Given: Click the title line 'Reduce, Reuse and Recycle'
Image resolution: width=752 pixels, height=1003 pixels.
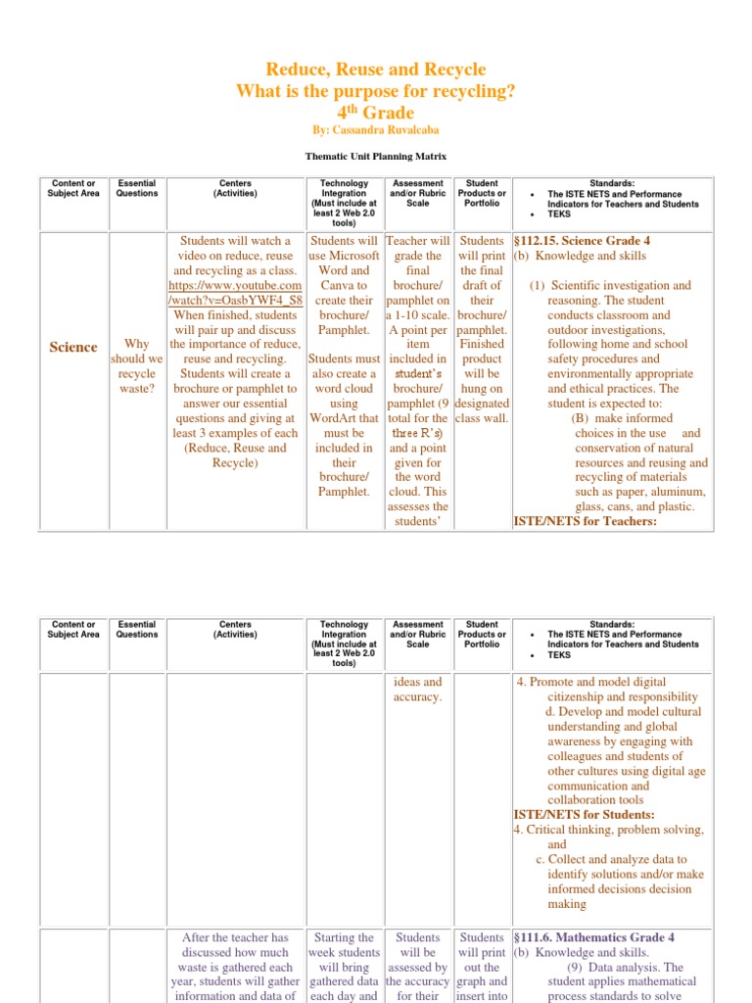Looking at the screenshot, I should pos(376,70).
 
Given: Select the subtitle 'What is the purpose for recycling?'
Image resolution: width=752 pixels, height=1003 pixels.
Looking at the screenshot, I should pos(376,91).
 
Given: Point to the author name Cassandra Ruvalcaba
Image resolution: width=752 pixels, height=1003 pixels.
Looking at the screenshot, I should pos(376,129).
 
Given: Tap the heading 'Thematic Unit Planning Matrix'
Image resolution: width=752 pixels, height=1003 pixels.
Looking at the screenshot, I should pos(375,156).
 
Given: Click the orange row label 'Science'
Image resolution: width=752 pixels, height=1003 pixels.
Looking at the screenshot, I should pos(73,347).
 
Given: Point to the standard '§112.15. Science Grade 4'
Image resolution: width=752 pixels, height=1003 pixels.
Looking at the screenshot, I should pos(582,241).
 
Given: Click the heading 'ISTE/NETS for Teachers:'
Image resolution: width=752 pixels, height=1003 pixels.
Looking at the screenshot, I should pos(585,521).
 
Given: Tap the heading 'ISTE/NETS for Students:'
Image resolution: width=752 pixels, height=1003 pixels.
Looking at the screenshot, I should pos(584,815).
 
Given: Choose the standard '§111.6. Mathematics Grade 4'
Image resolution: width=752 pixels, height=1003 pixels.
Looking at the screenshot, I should pos(593,937).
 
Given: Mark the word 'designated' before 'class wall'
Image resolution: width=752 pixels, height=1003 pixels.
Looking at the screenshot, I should pos(483,404).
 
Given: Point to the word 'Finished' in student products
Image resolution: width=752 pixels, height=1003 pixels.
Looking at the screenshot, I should pos(482,345).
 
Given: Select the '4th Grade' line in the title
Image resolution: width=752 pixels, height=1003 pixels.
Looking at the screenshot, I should pos(376,112).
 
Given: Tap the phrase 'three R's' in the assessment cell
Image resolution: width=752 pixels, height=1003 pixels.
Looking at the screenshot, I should pos(417,433).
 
